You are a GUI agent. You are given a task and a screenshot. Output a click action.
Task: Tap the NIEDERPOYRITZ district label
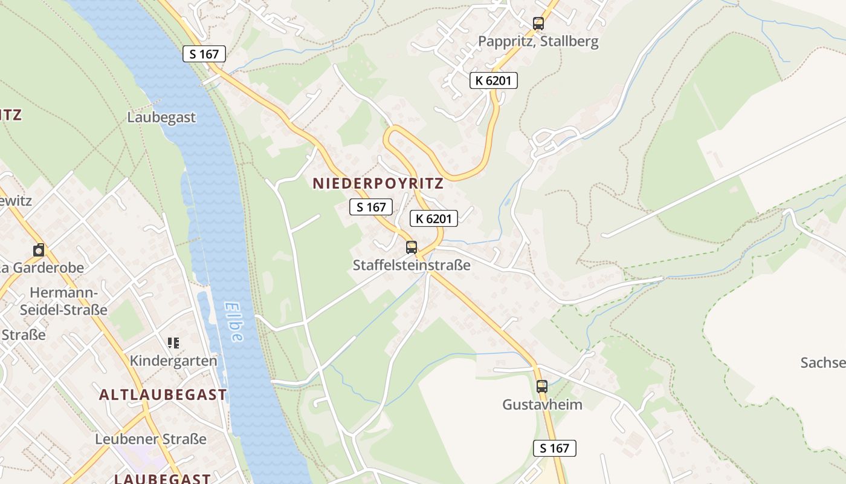tap(378, 183)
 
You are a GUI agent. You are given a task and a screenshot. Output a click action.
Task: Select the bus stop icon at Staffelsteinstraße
tap(412, 247)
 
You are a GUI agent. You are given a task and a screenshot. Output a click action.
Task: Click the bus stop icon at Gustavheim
tap(542, 386)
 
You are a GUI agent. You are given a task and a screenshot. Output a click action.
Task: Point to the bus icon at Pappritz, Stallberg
tap(538, 24)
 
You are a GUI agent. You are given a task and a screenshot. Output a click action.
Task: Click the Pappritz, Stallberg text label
tap(538, 41)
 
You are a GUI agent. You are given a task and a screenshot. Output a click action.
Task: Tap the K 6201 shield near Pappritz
tap(494, 80)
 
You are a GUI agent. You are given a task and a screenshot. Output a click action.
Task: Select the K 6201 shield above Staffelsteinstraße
tap(433, 218)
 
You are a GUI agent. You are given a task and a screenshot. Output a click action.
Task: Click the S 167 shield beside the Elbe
tap(204, 54)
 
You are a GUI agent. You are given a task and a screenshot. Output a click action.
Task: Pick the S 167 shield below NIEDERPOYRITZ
tap(371, 207)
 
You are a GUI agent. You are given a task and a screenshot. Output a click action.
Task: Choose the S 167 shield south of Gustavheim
tap(554, 448)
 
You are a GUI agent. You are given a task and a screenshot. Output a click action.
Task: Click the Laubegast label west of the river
tap(161, 117)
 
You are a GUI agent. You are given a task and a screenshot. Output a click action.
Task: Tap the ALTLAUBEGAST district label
tap(163, 395)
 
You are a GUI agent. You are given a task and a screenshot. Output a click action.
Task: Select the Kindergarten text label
tap(173, 361)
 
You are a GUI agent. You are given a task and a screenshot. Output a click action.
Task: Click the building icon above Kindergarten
tap(173, 343)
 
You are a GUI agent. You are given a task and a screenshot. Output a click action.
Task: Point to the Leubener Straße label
tap(150, 439)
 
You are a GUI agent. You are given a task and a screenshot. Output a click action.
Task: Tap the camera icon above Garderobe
tap(39, 250)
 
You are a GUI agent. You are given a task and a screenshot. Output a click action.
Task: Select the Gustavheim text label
tap(542, 404)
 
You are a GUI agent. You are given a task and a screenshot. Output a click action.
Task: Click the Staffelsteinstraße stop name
tap(412, 265)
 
